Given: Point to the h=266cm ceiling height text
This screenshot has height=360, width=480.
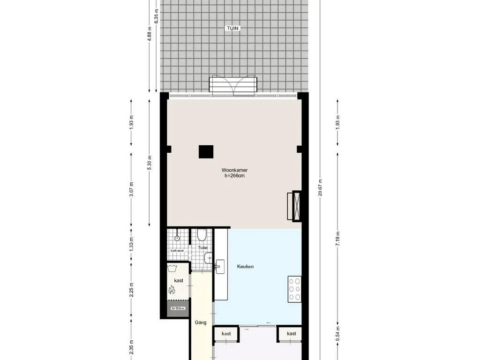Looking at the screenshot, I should [x=235, y=176].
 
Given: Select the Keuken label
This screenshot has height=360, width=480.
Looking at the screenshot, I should [x=246, y=267].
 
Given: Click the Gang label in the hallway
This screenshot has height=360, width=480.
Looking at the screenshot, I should [x=201, y=322].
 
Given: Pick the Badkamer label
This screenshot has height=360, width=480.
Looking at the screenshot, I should [x=177, y=251].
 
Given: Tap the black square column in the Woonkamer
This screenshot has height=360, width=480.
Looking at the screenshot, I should [x=206, y=152].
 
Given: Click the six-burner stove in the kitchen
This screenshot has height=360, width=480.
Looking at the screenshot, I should [x=294, y=289].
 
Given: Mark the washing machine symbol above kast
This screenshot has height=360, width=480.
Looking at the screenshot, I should [x=172, y=270].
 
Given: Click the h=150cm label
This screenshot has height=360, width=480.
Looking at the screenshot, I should [x=178, y=308].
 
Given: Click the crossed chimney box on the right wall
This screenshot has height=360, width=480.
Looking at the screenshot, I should [x=296, y=206].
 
